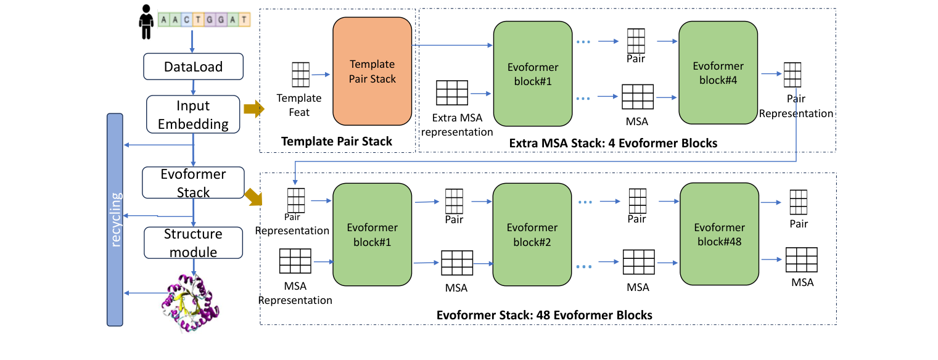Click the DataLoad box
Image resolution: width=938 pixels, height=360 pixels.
click(194, 67)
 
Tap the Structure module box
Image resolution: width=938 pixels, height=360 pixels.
click(194, 243)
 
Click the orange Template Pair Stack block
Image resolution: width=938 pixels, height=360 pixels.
click(372, 72)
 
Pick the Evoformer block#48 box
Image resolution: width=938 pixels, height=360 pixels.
click(719, 234)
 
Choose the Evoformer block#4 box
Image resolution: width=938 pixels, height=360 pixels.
click(718, 73)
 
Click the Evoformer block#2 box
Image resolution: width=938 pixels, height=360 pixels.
click(532, 234)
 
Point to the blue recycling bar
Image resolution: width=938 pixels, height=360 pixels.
click(115, 219)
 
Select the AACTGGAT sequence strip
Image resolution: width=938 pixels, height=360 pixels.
click(204, 20)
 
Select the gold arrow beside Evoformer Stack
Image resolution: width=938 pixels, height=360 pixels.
click(253, 197)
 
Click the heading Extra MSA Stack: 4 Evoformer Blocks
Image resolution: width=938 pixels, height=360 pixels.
click(613, 143)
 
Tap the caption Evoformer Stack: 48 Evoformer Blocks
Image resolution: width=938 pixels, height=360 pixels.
click(544, 315)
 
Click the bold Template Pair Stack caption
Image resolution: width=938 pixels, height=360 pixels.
click(336, 142)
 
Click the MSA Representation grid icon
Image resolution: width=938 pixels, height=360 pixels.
click(295, 261)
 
